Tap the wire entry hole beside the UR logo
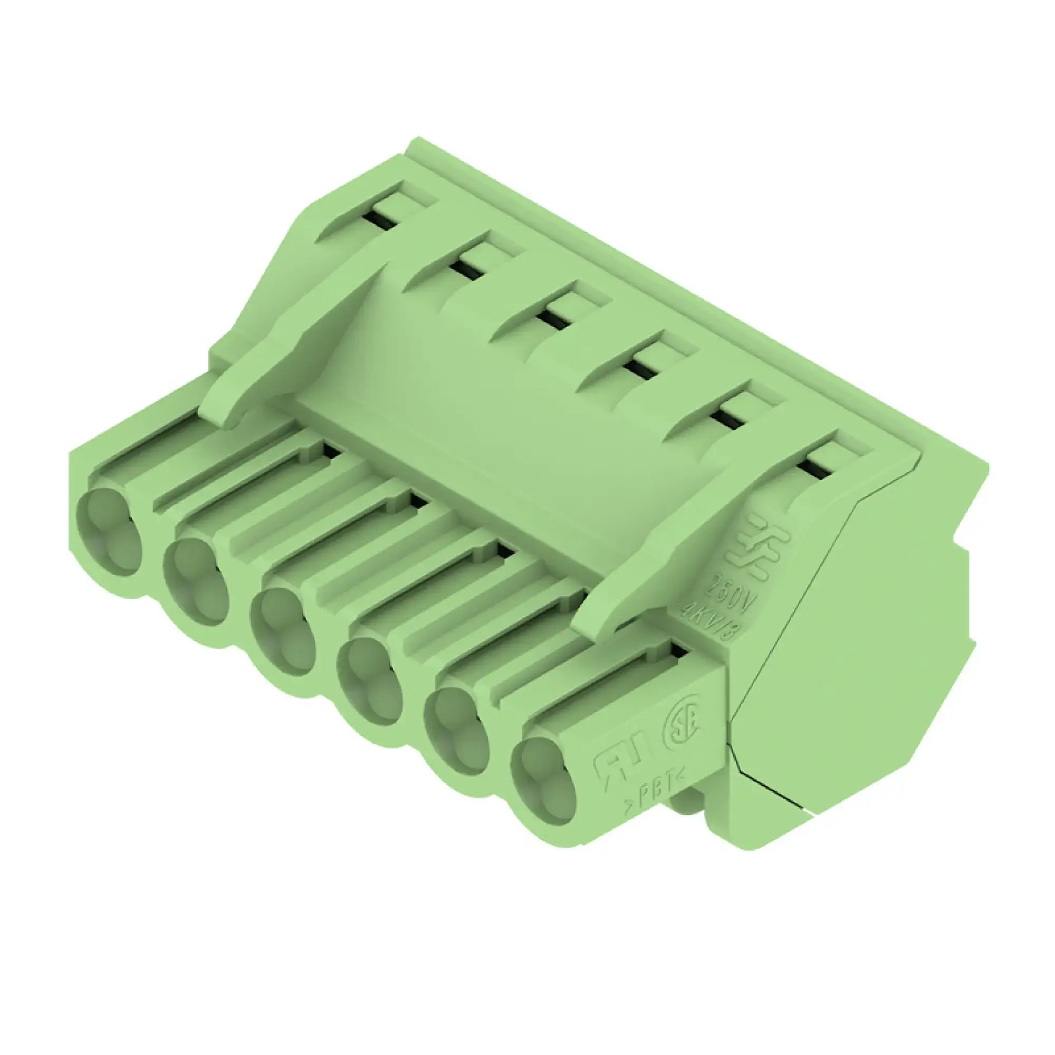[544, 781]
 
